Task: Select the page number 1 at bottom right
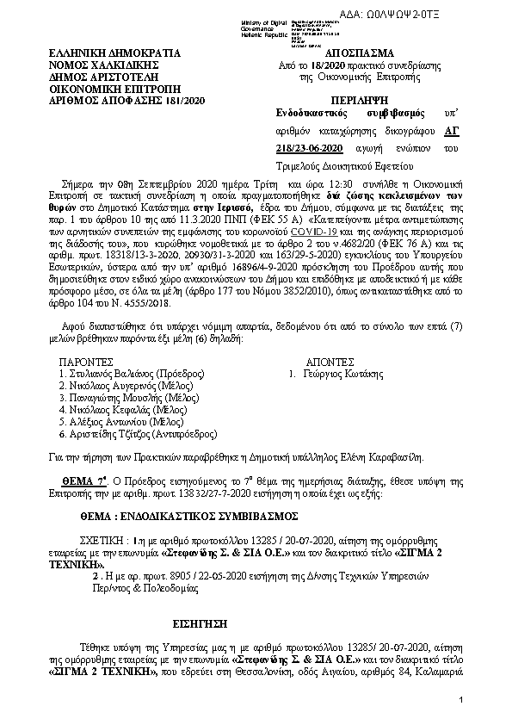coord(461,703)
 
